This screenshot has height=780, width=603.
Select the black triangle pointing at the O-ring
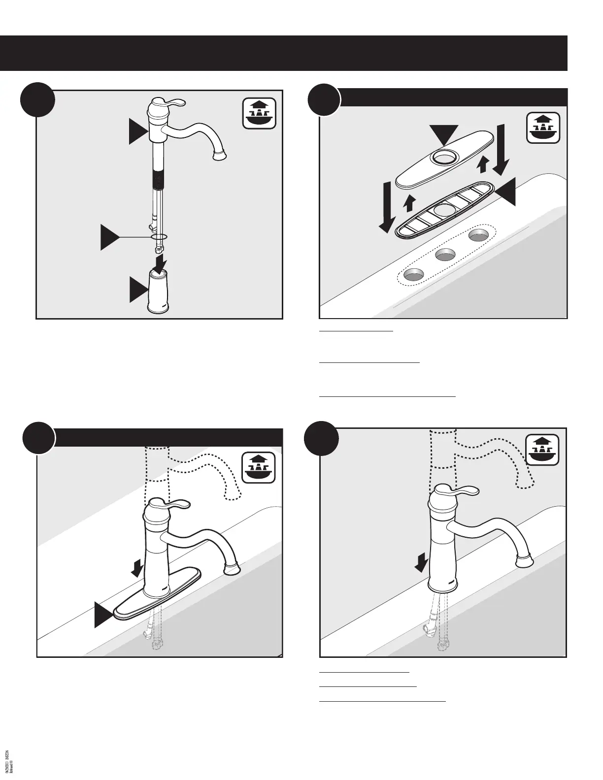point(110,237)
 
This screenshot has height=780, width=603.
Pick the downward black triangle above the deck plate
point(444,134)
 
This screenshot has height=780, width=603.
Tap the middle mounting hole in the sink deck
point(445,254)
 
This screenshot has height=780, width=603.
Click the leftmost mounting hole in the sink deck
point(413,273)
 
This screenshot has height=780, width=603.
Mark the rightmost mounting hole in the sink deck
point(478,235)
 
